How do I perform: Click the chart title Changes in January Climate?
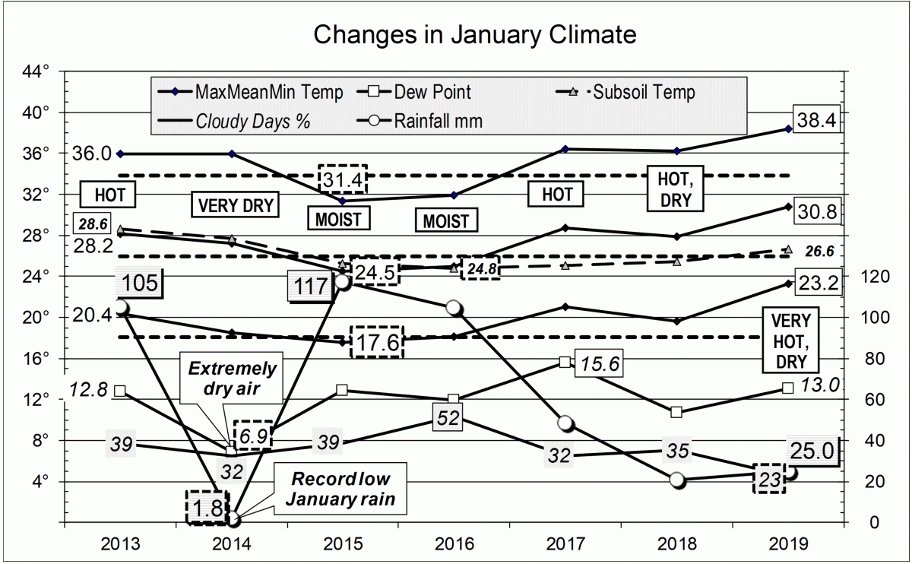click(x=475, y=34)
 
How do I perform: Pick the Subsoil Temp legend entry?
click(x=643, y=93)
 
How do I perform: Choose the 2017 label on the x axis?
click(x=565, y=543)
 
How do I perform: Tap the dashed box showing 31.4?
click(x=343, y=180)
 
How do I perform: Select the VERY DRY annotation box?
click(x=235, y=205)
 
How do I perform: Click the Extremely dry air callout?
click(x=233, y=376)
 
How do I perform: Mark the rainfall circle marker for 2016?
click(x=454, y=308)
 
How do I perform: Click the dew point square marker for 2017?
click(x=565, y=363)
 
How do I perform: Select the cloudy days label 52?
click(x=445, y=417)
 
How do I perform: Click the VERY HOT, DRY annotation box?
click(x=790, y=340)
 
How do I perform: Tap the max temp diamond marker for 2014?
click(x=232, y=154)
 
